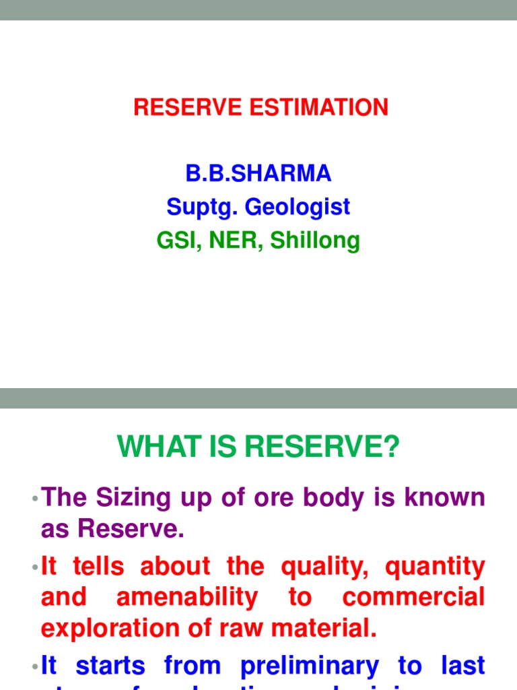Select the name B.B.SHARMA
(x=258, y=174)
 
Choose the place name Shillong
(x=315, y=241)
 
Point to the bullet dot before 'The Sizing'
(x=34, y=499)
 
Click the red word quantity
(x=434, y=567)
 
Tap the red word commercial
(x=413, y=598)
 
